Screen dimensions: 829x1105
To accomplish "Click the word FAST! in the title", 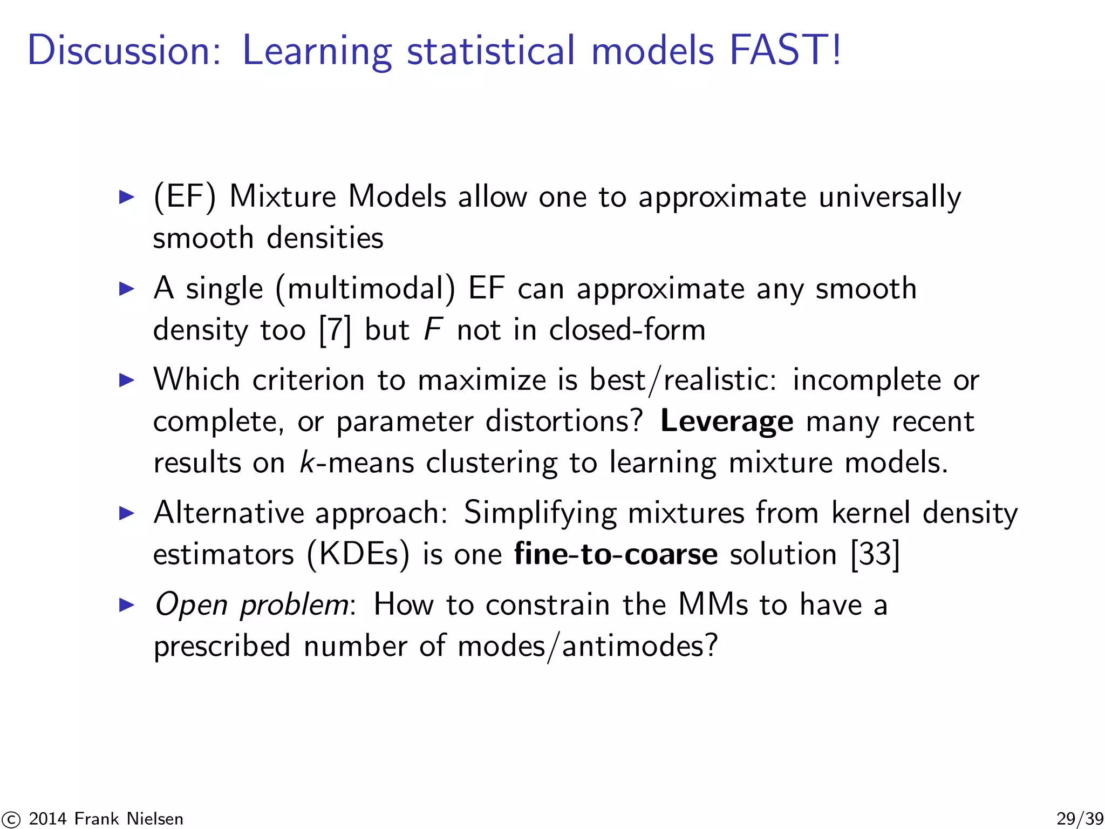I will click(x=785, y=50).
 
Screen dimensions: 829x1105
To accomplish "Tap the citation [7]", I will click(x=335, y=330).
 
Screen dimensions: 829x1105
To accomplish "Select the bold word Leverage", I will click(x=726, y=422).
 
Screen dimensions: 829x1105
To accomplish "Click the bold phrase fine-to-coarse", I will click(x=616, y=554).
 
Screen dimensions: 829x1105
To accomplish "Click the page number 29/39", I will click(x=1080, y=819).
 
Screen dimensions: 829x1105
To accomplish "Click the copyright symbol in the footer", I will click(x=11, y=819).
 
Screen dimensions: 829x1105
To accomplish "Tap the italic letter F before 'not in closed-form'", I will click(x=433, y=330).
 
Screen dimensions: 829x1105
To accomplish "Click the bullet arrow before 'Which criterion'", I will click(x=126, y=380).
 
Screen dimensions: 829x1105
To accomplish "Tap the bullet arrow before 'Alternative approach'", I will click(x=126, y=513).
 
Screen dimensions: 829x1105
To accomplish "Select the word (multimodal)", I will click(x=365, y=289).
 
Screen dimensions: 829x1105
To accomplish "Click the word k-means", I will click(x=357, y=463).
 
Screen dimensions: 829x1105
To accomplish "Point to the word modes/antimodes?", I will click(x=588, y=646).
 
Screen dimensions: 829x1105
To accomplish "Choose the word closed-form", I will click(x=627, y=330).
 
